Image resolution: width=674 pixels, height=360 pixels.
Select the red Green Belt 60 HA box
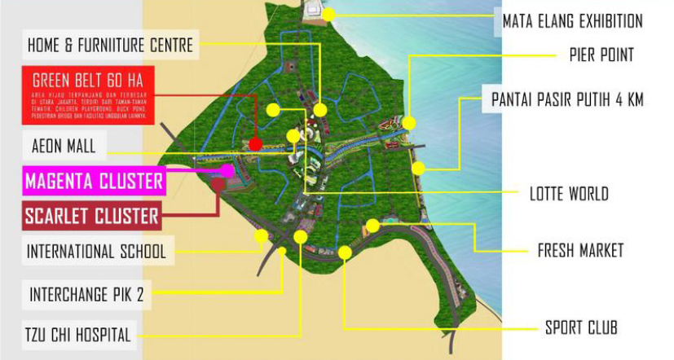[x=87, y=95]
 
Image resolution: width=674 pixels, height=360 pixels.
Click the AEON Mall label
[x=64, y=147]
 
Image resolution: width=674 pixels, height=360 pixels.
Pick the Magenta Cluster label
[x=94, y=181]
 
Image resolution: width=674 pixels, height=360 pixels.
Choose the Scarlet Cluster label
[x=91, y=217]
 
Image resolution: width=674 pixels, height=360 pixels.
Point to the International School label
[x=96, y=251]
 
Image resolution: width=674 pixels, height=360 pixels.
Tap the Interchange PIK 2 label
[x=86, y=294]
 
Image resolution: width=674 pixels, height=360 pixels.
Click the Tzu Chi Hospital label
[x=77, y=333]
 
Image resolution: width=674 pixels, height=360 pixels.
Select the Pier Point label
[x=601, y=55]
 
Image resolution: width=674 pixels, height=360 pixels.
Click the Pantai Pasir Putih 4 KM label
[x=567, y=100]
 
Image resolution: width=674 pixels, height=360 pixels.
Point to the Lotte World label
[x=569, y=194]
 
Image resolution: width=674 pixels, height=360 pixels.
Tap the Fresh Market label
[x=579, y=250]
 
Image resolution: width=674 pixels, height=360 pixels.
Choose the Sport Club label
[x=581, y=327]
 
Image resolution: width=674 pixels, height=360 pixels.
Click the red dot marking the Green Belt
[x=255, y=144]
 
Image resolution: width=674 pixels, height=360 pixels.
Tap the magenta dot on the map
[x=228, y=170]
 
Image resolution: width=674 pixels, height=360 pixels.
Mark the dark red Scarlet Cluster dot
[x=218, y=185]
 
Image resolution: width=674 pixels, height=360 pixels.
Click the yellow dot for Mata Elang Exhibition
[x=328, y=14]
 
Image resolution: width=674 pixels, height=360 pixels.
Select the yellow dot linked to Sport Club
[x=345, y=253]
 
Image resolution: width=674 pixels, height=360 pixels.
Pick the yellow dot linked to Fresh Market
[x=372, y=225]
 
